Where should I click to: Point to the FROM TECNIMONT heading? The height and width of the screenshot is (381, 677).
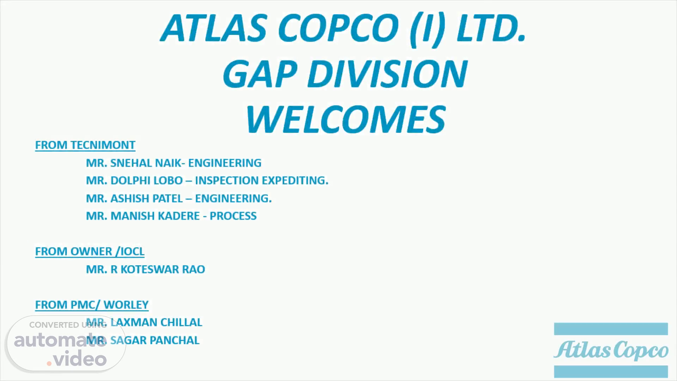click(x=85, y=145)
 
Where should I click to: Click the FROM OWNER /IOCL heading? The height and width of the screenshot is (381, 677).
click(x=90, y=251)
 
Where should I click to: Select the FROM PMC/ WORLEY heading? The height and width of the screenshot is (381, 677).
click(x=92, y=304)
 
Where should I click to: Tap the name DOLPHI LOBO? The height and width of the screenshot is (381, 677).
click(x=146, y=180)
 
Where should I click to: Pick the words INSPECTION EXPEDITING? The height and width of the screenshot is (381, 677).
click(x=262, y=180)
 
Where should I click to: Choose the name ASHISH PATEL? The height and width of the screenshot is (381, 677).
click(x=146, y=198)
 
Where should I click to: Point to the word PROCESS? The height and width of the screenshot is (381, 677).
click(x=233, y=216)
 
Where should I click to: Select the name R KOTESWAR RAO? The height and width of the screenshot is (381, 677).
click(x=158, y=269)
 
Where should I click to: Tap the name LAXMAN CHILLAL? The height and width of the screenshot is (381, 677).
click(x=156, y=322)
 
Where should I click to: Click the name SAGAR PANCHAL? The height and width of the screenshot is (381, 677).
click(x=155, y=340)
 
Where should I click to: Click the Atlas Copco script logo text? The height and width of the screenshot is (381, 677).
click(x=611, y=350)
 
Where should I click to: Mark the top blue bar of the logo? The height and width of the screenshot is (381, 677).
click(x=611, y=329)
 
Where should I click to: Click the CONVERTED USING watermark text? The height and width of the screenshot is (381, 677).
click(x=68, y=325)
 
